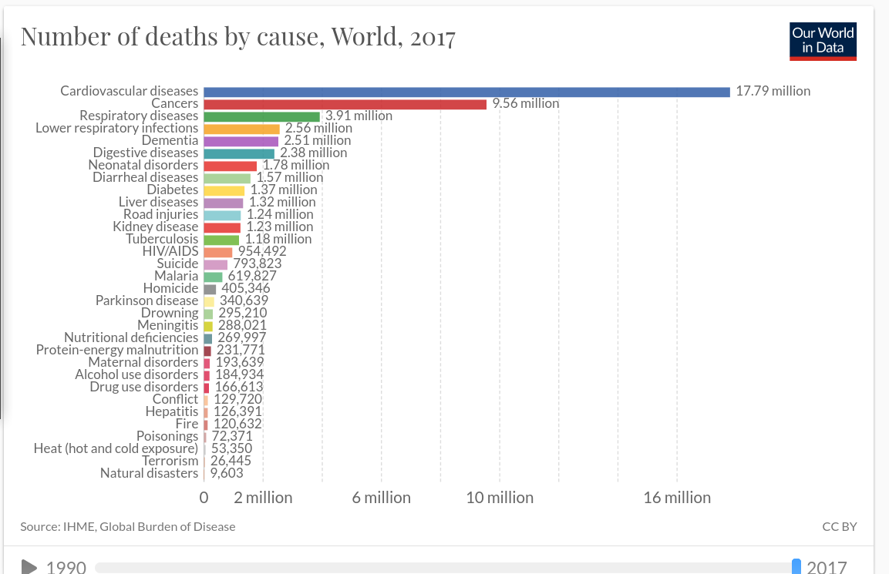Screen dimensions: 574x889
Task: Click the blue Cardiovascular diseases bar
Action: [466, 92]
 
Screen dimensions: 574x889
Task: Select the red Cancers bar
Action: [345, 104]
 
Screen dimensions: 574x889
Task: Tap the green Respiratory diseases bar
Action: [261, 116]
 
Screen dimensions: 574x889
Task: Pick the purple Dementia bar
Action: [241, 141]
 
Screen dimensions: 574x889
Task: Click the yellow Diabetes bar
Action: [224, 190]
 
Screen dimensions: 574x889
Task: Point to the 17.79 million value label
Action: [773, 91]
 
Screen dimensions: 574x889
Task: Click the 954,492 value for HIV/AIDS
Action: [262, 251]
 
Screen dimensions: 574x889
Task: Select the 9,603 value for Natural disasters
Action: [227, 473]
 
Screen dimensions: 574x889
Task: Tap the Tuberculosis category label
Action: [162, 239]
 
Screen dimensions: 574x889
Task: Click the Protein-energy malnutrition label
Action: [117, 350]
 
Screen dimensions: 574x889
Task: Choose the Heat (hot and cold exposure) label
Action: [116, 448]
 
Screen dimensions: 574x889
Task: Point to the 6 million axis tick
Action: [381, 498]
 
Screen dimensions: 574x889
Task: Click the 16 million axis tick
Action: [677, 498]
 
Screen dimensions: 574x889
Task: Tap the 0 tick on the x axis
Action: [204, 498]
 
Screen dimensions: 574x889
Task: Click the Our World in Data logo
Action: [823, 41]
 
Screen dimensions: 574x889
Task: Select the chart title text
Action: [238, 37]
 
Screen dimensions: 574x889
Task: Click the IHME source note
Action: [128, 527]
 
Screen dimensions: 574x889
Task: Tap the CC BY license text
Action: [840, 527]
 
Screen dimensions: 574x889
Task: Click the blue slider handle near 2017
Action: [797, 566]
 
